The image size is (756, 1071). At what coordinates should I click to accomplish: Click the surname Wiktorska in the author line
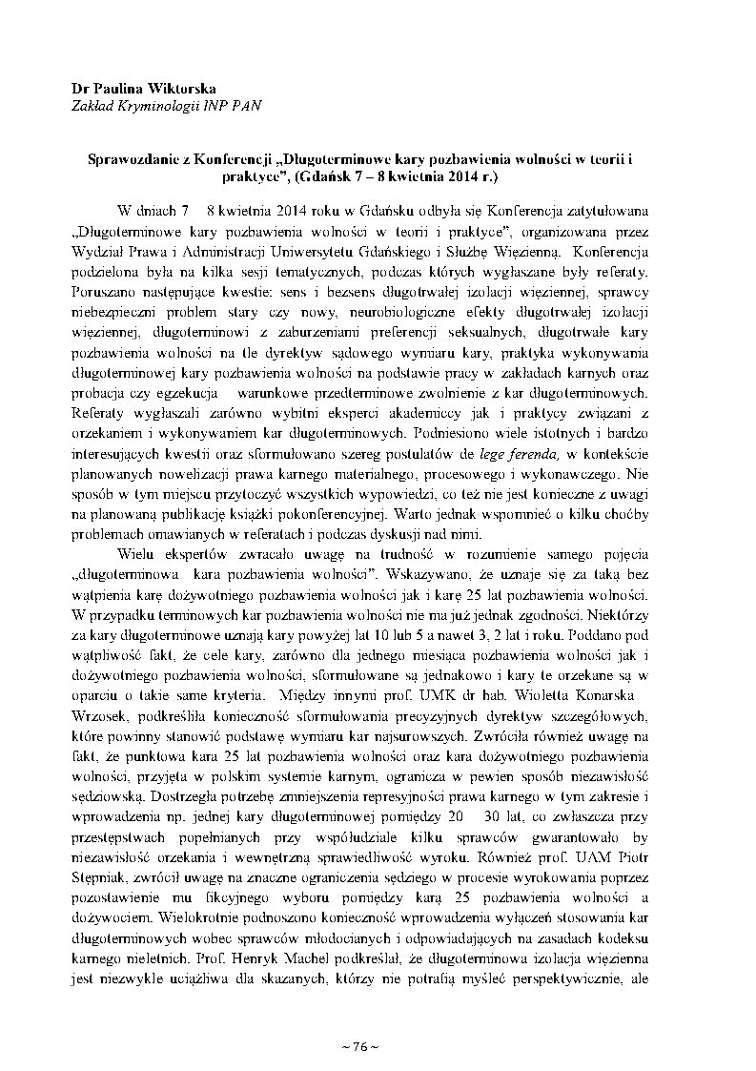(179, 87)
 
